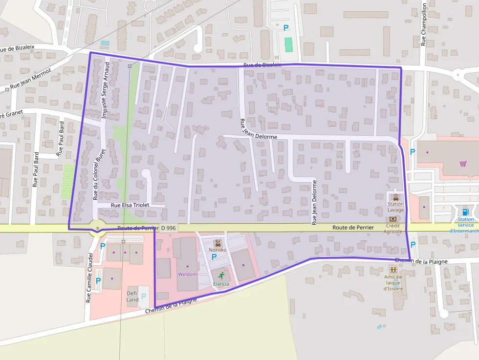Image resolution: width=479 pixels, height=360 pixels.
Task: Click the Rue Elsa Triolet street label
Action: pos(130,206)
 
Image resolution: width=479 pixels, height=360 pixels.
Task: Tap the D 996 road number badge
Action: pos(169,228)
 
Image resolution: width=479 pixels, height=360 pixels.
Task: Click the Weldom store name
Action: pos(187,274)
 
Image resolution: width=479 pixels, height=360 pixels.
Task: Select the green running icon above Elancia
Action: pos(221,275)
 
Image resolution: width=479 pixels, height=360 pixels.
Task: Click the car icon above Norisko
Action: pos(218,243)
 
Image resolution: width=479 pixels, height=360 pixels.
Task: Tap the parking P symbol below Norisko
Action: pos(214,256)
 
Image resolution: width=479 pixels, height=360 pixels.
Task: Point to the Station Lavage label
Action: pos(395,207)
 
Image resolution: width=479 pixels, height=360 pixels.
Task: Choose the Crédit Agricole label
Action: pos(393,228)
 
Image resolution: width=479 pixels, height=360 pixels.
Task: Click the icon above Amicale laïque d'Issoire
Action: pos(393,270)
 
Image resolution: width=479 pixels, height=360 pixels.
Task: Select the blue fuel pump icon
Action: pos(466,212)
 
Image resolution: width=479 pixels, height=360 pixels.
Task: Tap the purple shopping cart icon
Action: pos(462,163)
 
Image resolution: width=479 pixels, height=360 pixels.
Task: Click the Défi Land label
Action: pos(132,296)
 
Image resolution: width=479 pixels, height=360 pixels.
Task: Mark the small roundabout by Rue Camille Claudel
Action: pos(98,228)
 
